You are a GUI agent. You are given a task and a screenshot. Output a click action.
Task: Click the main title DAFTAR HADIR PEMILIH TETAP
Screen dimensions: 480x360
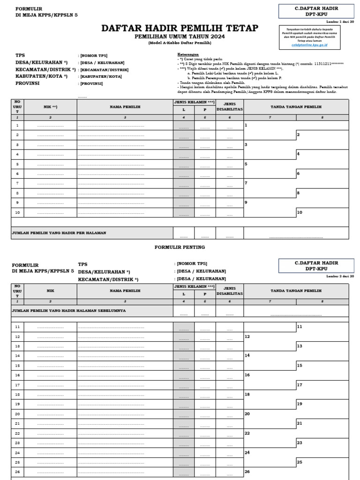[180, 29]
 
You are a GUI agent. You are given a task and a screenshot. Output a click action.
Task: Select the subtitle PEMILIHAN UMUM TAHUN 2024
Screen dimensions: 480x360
[180, 37]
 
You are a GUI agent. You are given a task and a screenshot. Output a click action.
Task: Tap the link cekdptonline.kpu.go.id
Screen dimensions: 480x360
[309, 45]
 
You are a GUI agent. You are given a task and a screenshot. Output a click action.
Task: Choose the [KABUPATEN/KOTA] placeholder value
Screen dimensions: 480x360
[101, 76]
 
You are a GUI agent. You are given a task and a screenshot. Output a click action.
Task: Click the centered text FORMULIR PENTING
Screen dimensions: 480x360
[180, 247]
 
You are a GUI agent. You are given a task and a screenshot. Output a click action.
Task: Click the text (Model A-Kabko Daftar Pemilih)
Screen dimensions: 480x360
[180, 43]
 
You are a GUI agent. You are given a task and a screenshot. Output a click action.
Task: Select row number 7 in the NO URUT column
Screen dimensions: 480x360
[17, 183]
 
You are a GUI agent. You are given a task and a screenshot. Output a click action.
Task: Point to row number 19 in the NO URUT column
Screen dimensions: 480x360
[17, 404]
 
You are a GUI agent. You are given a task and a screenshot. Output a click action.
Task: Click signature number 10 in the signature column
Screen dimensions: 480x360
[300, 212]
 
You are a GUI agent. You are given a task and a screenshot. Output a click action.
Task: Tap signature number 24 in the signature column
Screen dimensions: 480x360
[247, 452]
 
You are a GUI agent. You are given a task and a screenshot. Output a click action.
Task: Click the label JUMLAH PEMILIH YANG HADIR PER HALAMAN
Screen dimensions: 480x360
[59, 232]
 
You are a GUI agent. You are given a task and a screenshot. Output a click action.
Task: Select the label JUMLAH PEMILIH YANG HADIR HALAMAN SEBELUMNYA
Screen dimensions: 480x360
[68, 310]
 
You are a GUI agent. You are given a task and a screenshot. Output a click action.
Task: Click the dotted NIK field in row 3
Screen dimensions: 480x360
[50, 145]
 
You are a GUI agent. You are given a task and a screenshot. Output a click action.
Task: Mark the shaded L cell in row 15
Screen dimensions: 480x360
[184, 366]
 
